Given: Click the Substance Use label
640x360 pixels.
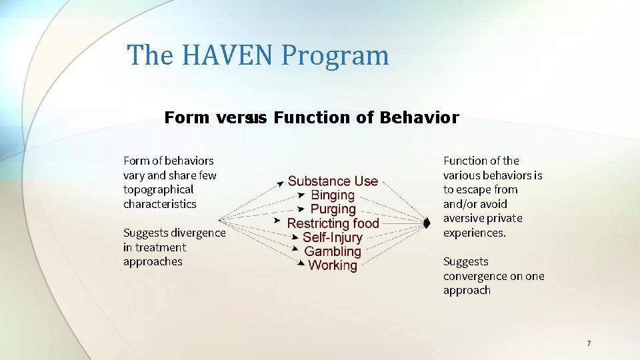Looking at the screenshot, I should (x=333, y=181).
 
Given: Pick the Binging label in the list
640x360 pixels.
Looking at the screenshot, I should (x=333, y=195).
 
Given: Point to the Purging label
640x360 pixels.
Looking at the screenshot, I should (x=333, y=209).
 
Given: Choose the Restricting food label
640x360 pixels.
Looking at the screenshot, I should (x=333, y=223).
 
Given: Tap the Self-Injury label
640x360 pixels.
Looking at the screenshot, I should (x=333, y=237).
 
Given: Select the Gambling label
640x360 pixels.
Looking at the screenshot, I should (x=333, y=251).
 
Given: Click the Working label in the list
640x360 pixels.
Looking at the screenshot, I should (x=333, y=265).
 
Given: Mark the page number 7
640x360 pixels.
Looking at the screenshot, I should (x=589, y=343).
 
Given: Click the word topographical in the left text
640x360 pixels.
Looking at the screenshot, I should (x=158, y=189).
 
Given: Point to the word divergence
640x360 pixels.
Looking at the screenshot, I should (x=198, y=233).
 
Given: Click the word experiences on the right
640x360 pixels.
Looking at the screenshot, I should (x=473, y=233).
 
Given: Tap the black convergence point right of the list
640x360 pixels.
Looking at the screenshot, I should (x=427, y=223).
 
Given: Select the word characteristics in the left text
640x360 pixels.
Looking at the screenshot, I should (x=159, y=204).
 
